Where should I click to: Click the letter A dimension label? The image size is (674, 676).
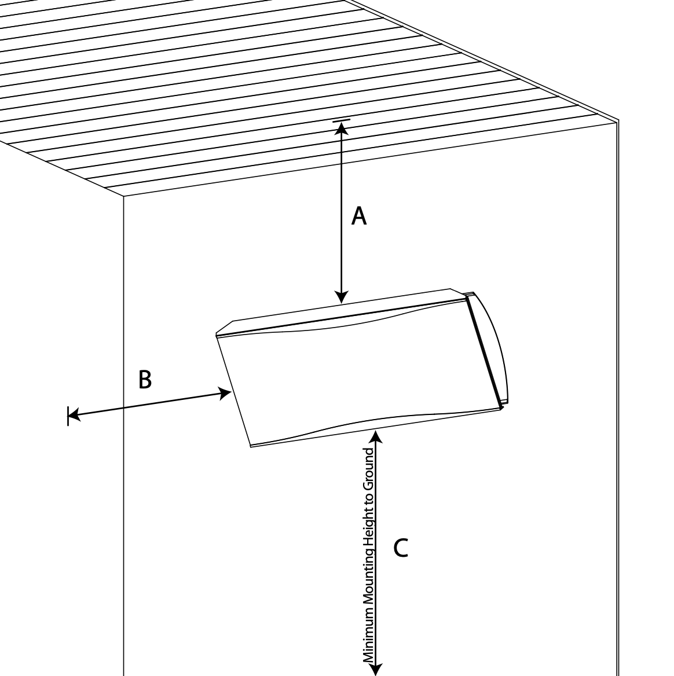(x=359, y=216)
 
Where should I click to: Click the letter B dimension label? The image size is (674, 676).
(x=145, y=380)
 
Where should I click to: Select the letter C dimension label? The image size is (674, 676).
(x=401, y=548)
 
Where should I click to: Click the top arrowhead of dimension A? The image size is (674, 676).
(x=342, y=129)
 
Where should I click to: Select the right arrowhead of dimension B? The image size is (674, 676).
(x=225, y=393)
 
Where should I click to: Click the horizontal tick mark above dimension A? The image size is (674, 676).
(x=341, y=121)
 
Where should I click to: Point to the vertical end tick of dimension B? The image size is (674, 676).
(x=68, y=416)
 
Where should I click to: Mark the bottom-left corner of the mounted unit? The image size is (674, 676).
(x=251, y=446)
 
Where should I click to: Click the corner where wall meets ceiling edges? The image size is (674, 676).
(x=123, y=196)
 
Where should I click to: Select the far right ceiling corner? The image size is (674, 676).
(x=618, y=120)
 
